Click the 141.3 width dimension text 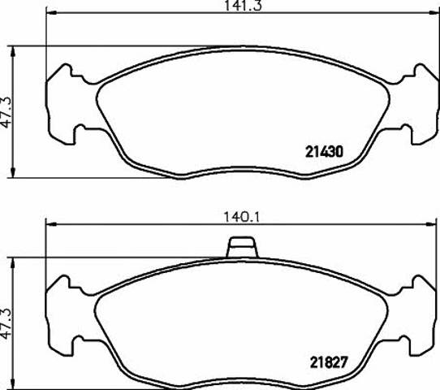243,6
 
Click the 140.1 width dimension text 242,217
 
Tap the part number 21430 324,152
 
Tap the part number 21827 329,362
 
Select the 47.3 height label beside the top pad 6,112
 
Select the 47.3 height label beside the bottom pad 6,323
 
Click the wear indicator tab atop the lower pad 242,247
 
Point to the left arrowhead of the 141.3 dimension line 51,13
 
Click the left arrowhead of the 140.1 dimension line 51,224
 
